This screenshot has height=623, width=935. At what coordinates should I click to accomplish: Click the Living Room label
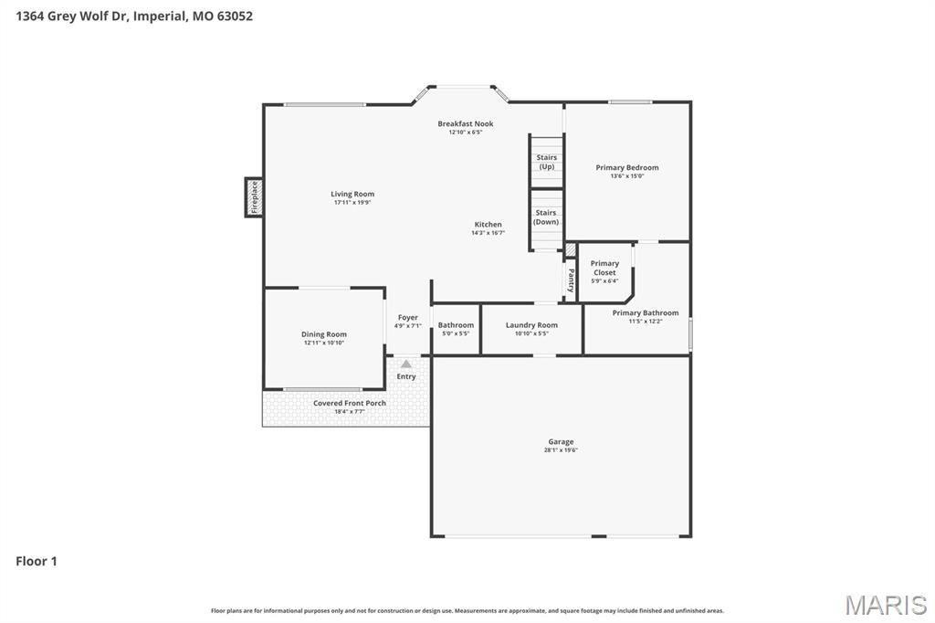coord(352,194)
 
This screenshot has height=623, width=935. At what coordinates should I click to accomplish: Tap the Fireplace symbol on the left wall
coord(254,197)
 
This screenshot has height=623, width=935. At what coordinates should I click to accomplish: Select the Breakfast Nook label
coord(465,123)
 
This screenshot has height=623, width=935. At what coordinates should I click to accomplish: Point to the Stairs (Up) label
coord(546,162)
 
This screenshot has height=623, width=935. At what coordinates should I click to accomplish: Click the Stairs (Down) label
coord(546,217)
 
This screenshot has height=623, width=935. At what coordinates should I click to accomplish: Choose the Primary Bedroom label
coord(626,167)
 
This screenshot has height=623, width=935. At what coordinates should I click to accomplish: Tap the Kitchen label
coord(488,224)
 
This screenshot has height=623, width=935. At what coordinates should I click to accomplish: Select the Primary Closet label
coord(604,268)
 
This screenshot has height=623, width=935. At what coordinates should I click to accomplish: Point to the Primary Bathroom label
coord(646,312)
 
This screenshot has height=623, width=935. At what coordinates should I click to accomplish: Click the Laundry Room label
coord(531,325)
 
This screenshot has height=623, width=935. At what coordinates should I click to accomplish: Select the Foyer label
coord(407,317)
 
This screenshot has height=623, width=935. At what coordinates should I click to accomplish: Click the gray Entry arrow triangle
coord(406,364)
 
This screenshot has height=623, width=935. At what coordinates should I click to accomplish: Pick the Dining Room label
coord(324,334)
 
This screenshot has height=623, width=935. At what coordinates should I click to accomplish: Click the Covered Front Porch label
coord(350,403)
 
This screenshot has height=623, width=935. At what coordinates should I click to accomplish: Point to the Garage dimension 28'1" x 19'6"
coord(561,449)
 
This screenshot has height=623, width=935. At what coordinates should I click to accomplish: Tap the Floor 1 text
coord(37,561)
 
